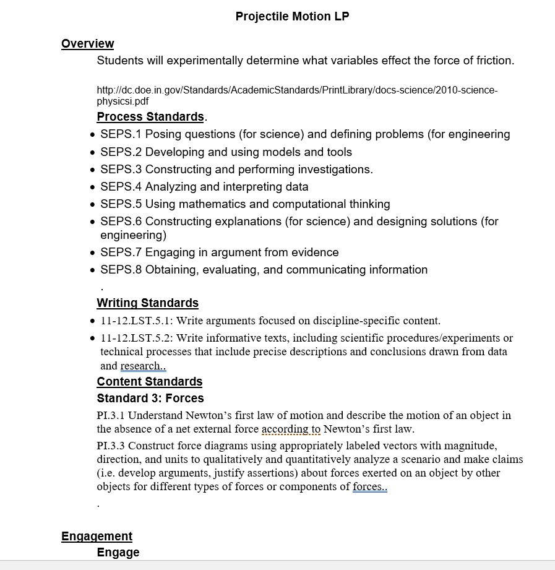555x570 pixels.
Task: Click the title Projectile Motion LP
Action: tap(292, 17)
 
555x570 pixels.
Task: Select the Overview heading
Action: tap(87, 43)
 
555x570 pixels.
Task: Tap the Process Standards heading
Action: tap(150, 116)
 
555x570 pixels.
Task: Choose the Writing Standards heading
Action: tap(148, 303)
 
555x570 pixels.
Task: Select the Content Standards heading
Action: tap(150, 381)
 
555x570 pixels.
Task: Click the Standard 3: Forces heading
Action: tap(150, 399)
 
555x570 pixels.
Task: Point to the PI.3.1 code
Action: tap(111, 415)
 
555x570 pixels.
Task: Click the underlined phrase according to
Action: tap(291, 429)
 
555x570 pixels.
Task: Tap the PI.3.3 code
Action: tap(111, 446)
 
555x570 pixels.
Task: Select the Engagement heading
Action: tap(97, 536)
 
